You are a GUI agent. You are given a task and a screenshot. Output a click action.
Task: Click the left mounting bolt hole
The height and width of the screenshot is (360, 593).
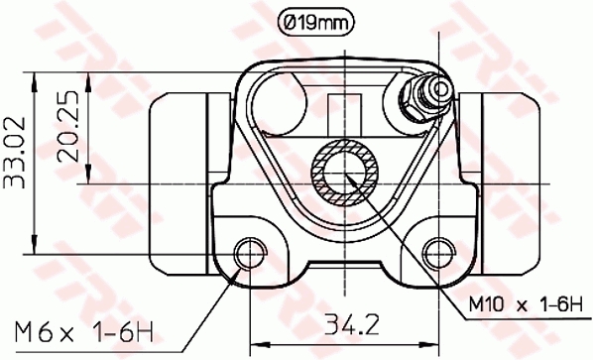click(x=251, y=250)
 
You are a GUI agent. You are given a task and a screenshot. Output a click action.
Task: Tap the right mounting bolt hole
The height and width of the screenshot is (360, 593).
click(x=436, y=250)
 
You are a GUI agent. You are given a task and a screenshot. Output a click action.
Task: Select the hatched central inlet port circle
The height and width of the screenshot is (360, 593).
click(x=343, y=172)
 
